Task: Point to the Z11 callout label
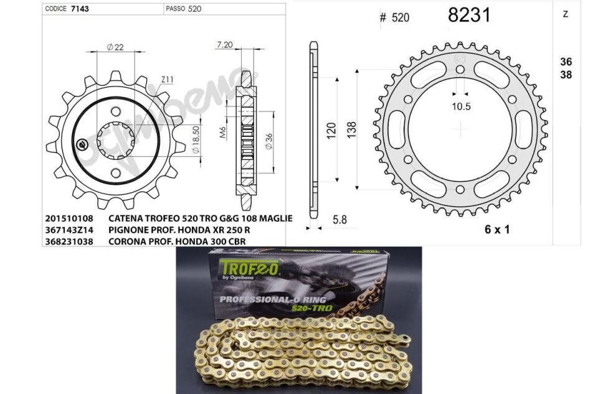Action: [x=167, y=80]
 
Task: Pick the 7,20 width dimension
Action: [x=224, y=45]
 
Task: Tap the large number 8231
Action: [x=469, y=16]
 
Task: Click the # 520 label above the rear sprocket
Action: [x=394, y=17]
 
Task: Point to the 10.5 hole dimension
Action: [x=461, y=106]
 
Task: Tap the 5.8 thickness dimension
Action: [x=340, y=220]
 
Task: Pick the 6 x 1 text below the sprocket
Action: [x=496, y=229]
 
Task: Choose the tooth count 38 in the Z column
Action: [x=566, y=75]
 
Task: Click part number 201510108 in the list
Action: [x=69, y=219]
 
